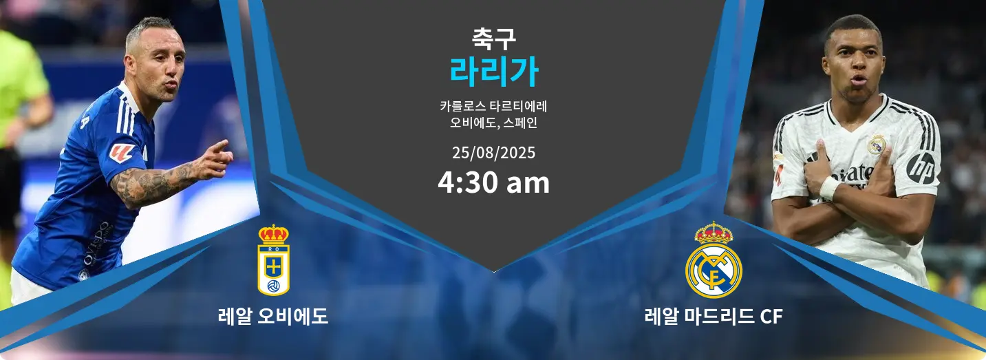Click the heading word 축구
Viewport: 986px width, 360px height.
[493, 39]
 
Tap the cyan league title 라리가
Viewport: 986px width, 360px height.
[493, 72]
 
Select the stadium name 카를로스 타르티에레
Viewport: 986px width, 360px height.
[493, 106]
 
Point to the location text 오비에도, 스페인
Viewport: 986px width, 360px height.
[493, 123]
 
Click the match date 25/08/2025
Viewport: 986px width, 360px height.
[493, 153]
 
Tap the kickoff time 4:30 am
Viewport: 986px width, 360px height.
[493, 182]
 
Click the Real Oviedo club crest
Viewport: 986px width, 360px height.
[273, 260]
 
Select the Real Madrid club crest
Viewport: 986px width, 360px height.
[714, 260]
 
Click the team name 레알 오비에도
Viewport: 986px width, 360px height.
[273, 316]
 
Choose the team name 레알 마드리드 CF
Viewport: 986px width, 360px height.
[714, 316]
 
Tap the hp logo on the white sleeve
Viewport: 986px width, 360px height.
[921, 169]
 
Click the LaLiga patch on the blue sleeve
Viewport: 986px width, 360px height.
[122, 153]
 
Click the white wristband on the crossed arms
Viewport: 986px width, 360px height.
[829, 188]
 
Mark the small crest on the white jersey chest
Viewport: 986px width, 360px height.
[876, 145]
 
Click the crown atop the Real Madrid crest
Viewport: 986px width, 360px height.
[714, 233]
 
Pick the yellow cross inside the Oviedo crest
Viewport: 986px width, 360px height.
[273, 268]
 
